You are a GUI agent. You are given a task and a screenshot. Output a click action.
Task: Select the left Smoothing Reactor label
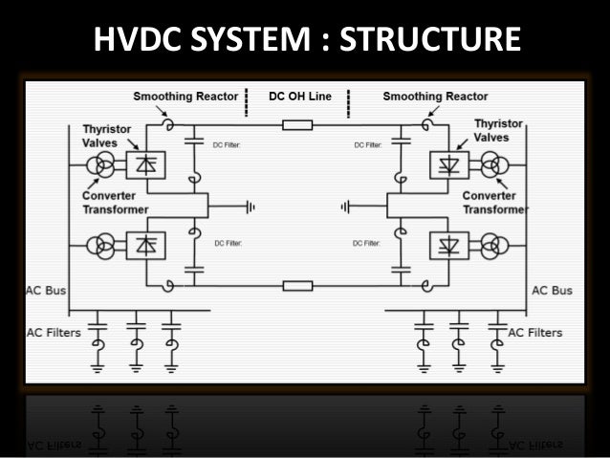(x=180, y=97)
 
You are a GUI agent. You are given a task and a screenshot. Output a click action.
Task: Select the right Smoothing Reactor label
(x=435, y=97)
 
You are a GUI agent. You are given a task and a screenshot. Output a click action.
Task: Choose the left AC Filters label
(x=53, y=333)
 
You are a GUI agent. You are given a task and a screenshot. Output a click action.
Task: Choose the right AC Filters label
(x=535, y=333)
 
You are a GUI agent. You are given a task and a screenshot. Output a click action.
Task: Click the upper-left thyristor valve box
(x=147, y=164)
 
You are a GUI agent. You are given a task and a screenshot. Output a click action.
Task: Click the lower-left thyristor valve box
(x=147, y=246)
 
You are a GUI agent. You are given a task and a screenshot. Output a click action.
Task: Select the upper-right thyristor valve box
(x=447, y=164)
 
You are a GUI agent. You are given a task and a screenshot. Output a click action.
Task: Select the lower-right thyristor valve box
(x=447, y=246)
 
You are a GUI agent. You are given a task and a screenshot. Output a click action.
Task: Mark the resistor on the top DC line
(x=297, y=124)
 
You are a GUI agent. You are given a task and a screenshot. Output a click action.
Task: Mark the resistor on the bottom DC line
(x=297, y=285)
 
